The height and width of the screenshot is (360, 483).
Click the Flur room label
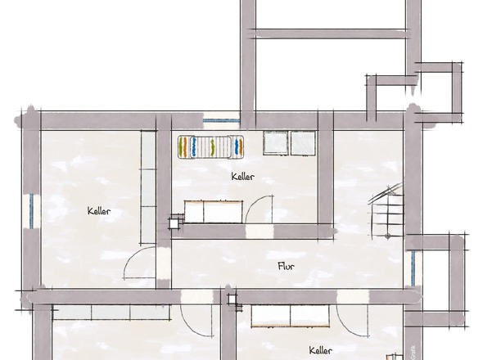pos(286,266)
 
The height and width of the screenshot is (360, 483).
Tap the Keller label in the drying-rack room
pos(243,177)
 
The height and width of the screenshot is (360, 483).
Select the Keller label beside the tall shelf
pos(99,211)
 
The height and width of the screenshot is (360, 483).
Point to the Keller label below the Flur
pos(320,350)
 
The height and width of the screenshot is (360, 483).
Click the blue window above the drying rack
pos(221,120)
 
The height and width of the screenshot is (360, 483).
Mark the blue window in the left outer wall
pos(31,211)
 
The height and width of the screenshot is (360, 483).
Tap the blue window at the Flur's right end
pos(413,268)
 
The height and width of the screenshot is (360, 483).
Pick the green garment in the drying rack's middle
pos(212,147)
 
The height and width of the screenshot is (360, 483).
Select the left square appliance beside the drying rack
pos(276,143)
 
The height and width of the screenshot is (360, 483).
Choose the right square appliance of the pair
pos(304,143)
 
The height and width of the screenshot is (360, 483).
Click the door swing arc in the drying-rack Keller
pos(253,203)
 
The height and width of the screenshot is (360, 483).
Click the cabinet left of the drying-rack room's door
pos(214,212)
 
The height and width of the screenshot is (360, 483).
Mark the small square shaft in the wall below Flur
pos(232,299)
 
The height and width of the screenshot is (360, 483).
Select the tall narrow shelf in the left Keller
pos(148,187)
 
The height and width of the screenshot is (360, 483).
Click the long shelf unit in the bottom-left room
pos(111,312)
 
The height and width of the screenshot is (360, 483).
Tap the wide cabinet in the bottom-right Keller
pos(291,316)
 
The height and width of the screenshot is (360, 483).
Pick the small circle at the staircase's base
pos(388,236)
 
